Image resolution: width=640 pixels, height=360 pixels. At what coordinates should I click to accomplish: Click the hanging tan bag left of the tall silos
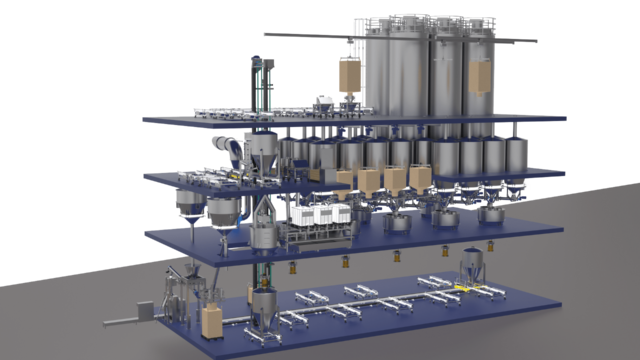point(349,74)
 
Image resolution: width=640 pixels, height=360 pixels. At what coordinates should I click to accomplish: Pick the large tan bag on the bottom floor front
point(212,322)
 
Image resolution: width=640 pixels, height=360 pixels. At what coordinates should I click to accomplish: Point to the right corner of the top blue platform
point(566,118)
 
